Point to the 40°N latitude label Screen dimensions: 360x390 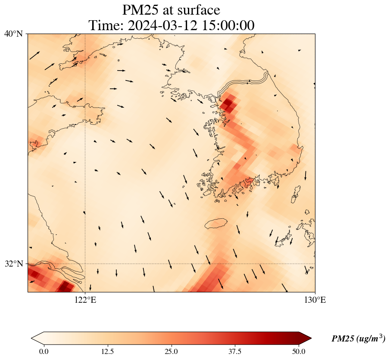pos(13,34)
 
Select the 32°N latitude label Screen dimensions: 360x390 pos(13,264)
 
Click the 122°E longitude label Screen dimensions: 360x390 pos(85,300)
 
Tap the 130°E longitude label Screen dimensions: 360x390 pos(315,300)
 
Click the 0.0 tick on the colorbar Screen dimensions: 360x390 pos(43,351)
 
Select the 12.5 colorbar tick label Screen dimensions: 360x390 pos(107,351)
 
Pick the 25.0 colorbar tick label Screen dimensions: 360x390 pos(171,351)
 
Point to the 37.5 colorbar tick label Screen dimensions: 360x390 pos(235,351)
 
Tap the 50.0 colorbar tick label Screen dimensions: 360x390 pos(299,351)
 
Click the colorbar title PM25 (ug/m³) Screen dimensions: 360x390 pos(358,339)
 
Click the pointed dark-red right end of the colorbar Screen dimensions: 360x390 pos(302,338)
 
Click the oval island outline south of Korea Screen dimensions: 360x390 pos(216,223)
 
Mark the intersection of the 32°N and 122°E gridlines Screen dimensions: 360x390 pos(85,264)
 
